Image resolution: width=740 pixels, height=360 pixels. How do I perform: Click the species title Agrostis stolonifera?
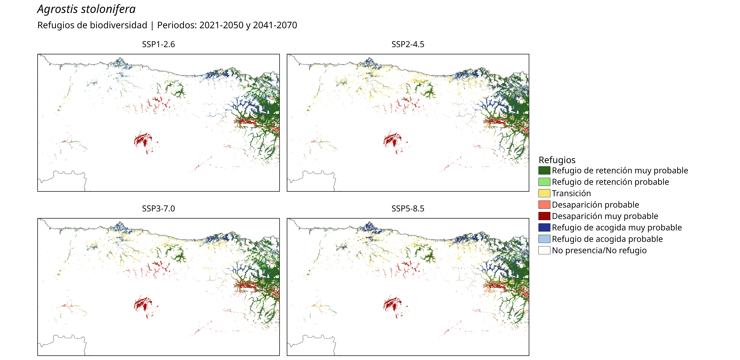click(x=86, y=9)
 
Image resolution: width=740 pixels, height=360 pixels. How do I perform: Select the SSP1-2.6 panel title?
click(x=158, y=44)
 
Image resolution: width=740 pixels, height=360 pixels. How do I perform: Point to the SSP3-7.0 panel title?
click(x=158, y=209)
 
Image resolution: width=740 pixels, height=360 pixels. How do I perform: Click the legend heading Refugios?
click(x=557, y=160)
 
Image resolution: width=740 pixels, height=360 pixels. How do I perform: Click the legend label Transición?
click(x=571, y=193)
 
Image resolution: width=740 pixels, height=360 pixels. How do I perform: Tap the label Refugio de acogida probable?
click(x=607, y=239)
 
